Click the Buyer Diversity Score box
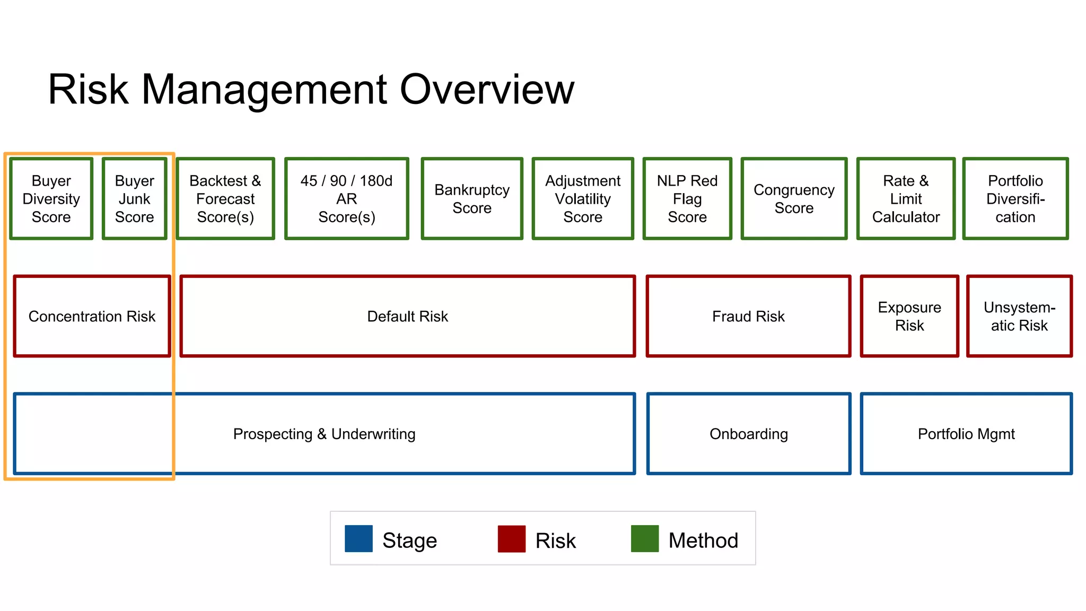[x=51, y=199]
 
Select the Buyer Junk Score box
[x=135, y=199]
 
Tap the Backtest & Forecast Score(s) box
[x=225, y=199]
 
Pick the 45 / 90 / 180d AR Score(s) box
[x=347, y=199]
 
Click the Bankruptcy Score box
[x=472, y=199]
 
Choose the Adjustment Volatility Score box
[x=583, y=199]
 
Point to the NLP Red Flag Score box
[x=687, y=199]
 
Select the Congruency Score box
[x=794, y=199]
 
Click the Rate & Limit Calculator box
[x=906, y=199]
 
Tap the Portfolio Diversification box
[x=1015, y=199]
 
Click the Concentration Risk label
[x=92, y=317]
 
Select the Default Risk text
[x=407, y=317]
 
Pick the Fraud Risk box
[x=748, y=317]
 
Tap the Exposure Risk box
[x=909, y=317]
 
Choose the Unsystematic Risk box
[x=1019, y=317]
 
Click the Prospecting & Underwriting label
[x=324, y=434]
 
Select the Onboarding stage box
[x=748, y=434]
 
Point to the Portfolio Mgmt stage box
[x=966, y=434]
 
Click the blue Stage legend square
[x=358, y=539]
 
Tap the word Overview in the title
[x=486, y=90]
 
